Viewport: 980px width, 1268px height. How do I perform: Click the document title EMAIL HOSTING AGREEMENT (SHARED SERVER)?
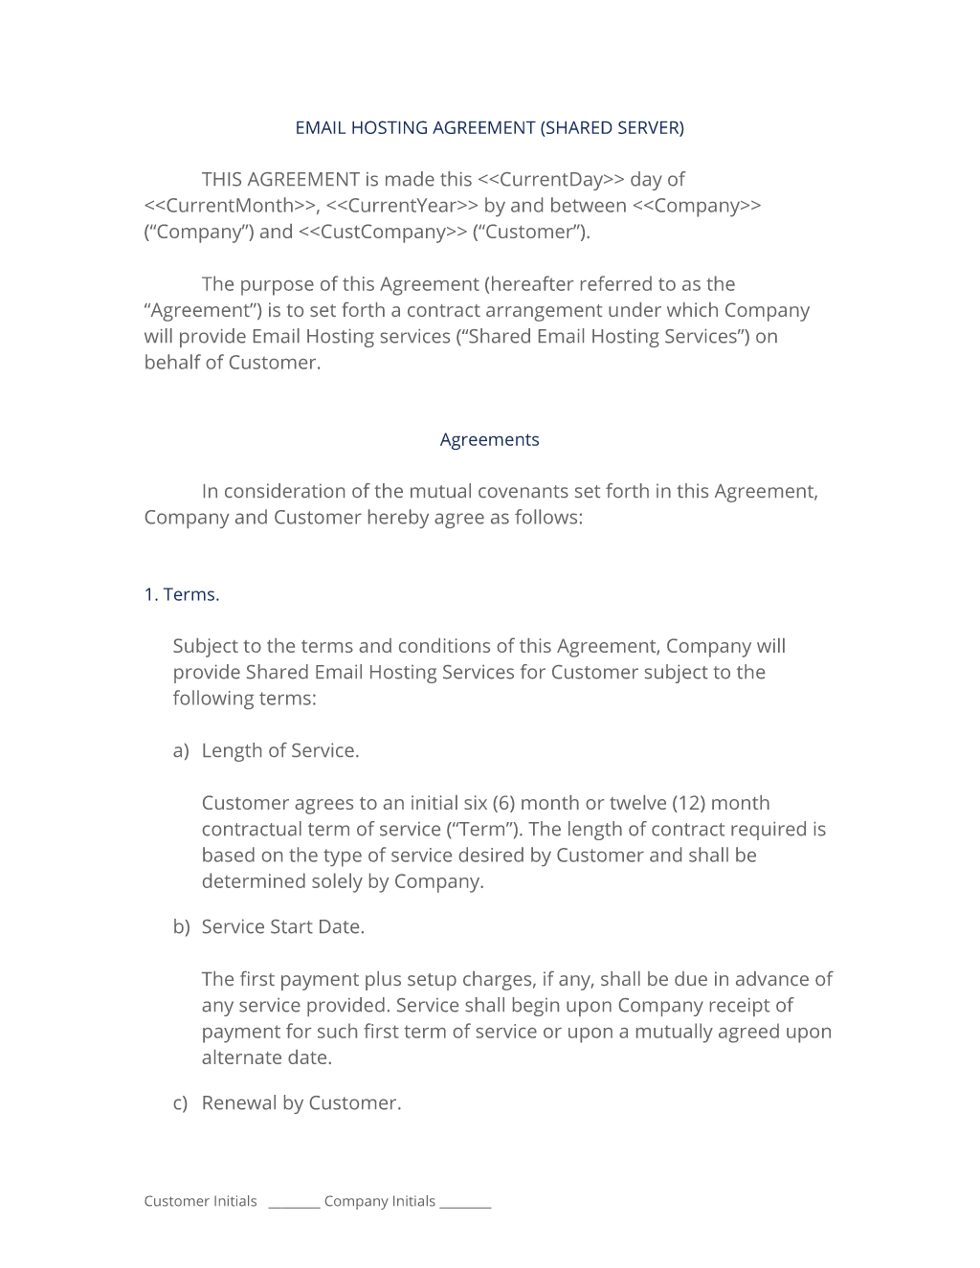tap(489, 128)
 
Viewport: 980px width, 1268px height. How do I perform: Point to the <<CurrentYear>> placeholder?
tap(401, 206)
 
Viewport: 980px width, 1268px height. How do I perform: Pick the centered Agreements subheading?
tap(489, 440)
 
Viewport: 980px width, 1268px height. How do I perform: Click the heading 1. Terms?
tap(182, 595)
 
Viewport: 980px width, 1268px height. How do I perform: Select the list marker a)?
tap(181, 751)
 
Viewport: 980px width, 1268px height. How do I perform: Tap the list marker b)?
tap(181, 927)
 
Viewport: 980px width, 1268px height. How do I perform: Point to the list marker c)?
tap(181, 1103)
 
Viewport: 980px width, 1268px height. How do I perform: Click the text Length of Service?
tap(280, 751)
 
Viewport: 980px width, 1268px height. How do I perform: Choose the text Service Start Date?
tap(283, 927)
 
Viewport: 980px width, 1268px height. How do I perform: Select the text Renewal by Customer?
tap(301, 1103)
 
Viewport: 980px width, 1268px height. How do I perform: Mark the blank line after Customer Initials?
tap(294, 1205)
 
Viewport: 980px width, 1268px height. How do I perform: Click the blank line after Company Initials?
tap(465, 1205)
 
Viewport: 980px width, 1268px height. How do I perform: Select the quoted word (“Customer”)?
tap(531, 232)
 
